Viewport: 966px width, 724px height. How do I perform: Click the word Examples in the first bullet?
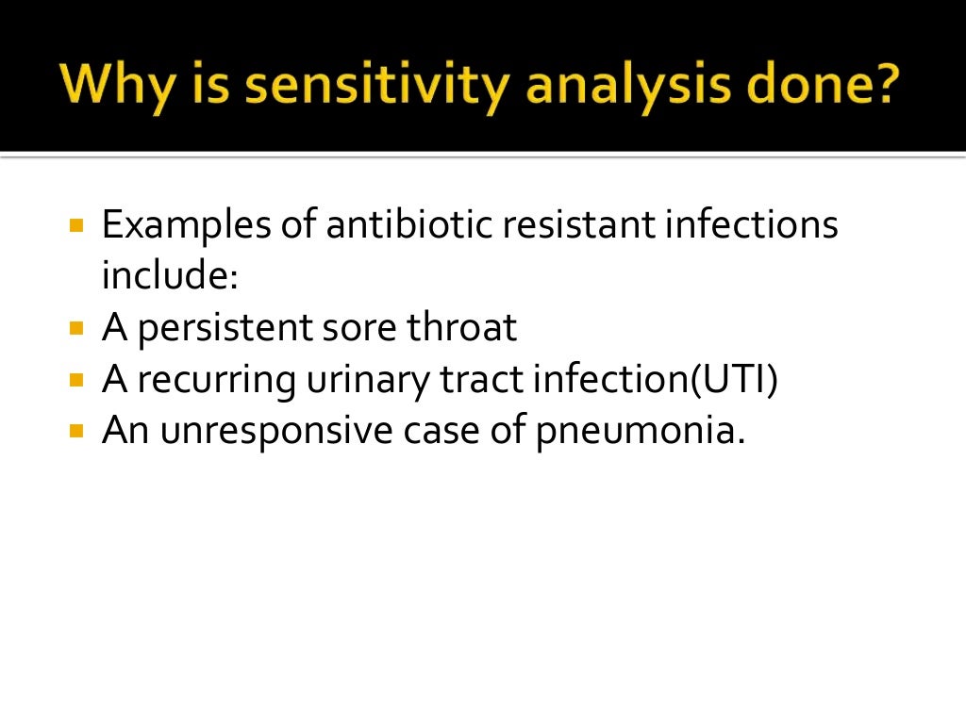(189, 227)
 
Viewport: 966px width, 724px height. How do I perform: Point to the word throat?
(462, 328)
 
